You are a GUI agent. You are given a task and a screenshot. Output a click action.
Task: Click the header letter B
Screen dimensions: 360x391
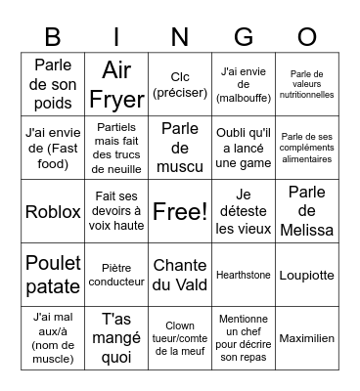tap(53, 36)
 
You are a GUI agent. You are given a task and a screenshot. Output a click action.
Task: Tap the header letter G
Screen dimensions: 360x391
tap(244, 36)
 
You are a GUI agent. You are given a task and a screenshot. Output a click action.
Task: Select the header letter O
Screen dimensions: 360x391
tap(307, 36)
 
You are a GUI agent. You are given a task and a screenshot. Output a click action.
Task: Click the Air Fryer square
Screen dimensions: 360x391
tap(116, 84)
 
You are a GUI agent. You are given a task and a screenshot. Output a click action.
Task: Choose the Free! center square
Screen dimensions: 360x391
tap(180, 211)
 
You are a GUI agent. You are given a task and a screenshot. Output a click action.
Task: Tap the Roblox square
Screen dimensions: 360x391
tap(53, 211)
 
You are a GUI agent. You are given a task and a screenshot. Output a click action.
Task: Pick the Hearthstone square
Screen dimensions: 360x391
tap(244, 275)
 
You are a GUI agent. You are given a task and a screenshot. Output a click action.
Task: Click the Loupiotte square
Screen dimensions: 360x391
tap(307, 275)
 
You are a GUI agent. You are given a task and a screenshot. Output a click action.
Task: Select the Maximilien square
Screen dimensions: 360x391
tap(307, 338)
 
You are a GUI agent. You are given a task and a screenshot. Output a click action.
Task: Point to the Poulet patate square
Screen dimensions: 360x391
tap(53, 275)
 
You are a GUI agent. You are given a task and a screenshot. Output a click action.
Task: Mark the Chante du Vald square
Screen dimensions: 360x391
tap(180, 275)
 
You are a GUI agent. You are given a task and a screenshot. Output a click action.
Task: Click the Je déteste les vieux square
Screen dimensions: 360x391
tap(244, 211)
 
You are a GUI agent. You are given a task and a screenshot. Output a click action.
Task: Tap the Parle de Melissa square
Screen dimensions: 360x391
tap(307, 211)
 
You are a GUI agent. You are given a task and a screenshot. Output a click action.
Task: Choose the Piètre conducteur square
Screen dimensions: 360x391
tap(116, 275)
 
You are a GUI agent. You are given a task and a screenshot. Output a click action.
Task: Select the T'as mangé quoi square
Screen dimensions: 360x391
tap(116, 338)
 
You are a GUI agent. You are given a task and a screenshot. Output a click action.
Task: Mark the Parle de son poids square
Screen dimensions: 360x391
tap(53, 84)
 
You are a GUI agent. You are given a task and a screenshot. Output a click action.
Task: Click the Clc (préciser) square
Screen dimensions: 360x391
tap(180, 84)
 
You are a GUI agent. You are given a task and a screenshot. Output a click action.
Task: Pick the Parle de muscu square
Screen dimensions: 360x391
tap(180, 148)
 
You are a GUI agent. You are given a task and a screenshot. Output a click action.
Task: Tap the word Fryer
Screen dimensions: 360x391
tap(116, 99)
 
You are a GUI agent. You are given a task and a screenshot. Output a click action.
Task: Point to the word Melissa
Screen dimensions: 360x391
tap(307, 231)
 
